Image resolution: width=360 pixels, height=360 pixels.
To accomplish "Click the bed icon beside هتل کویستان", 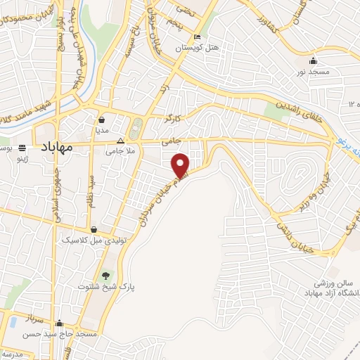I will (198, 36).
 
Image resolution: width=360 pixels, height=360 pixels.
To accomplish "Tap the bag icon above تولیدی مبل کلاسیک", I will (94, 229).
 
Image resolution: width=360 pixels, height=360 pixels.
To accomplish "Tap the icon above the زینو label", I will (22, 148).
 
